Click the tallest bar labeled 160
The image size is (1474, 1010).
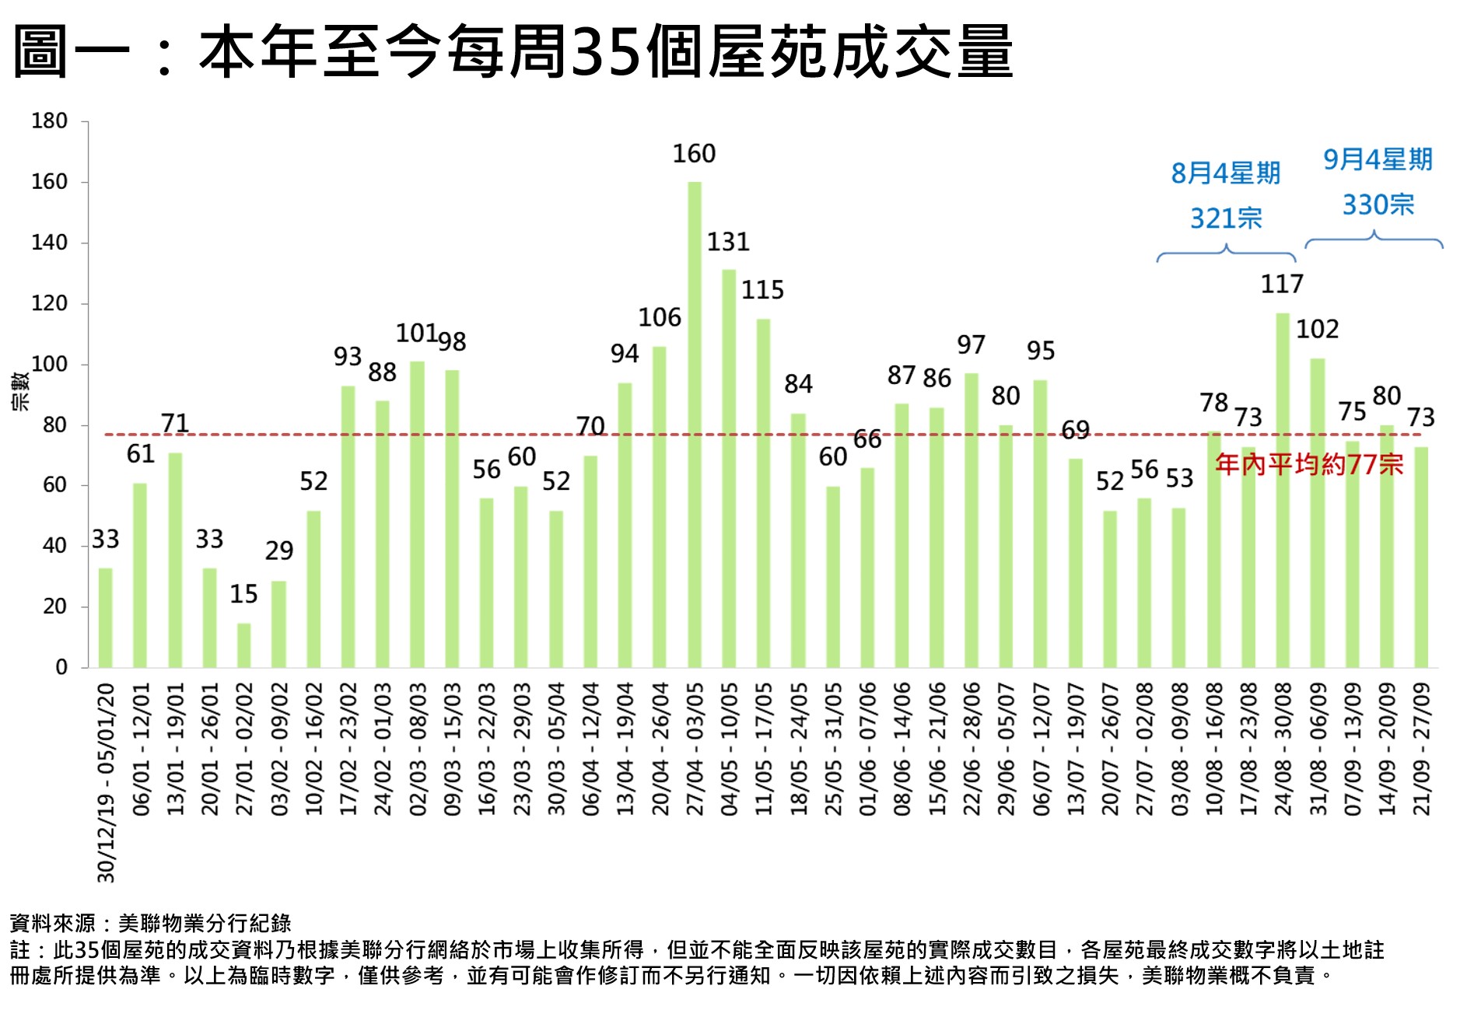pyautogui.click(x=694, y=424)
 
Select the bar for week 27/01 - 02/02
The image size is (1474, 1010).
pyautogui.click(x=244, y=645)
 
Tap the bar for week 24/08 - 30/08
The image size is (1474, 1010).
pyautogui.click(x=1283, y=490)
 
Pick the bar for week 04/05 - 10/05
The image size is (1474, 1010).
pyautogui.click(x=729, y=468)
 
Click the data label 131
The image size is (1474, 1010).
pyautogui.click(x=728, y=242)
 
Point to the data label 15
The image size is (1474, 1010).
pyautogui.click(x=243, y=594)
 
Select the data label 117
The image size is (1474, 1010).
pyautogui.click(x=1282, y=284)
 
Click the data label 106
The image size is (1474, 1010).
pyautogui.click(x=660, y=317)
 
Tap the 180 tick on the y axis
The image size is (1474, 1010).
pyautogui.click(x=49, y=121)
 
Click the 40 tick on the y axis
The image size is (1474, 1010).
pyautogui.click(x=54, y=546)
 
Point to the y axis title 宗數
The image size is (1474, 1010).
pyautogui.click(x=21, y=391)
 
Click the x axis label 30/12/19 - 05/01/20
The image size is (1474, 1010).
pyautogui.click(x=107, y=782)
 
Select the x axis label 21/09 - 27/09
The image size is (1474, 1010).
pyautogui.click(x=1421, y=749)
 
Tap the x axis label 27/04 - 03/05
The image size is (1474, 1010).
pyautogui.click(x=695, y=749)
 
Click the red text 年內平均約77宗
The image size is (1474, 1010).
pyautogui.click(x=1309, y=465)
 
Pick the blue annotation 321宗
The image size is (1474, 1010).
pyautogui.click(x=1226, y=218)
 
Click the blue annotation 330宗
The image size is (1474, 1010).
pyautogui.click(x=1378, y=204)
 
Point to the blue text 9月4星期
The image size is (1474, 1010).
pyautogui.click(x=1378, y=159)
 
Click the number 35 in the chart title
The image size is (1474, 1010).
pyautogui.click(x=606, y=51)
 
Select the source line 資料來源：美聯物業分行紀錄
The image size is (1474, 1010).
pyautogui.click(x=151, y=923)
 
